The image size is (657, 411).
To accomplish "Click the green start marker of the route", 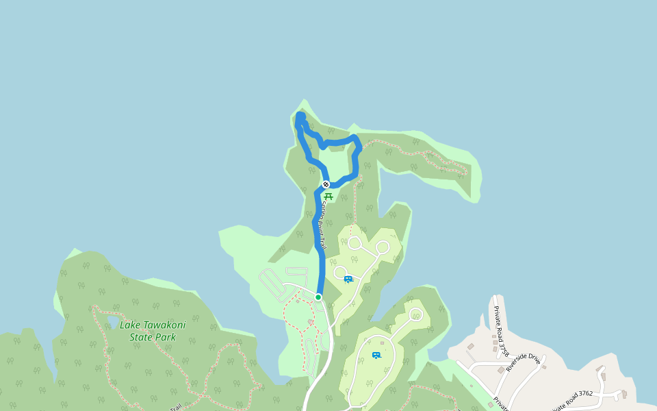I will pos(318,297).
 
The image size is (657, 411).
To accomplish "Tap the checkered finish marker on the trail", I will pos(326,184).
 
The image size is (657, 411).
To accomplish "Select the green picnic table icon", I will pos(328,197).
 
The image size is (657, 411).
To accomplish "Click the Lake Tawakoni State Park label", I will pos(153,332).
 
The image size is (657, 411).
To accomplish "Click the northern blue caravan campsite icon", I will pos(348,279).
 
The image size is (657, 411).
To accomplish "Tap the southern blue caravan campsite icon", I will pos(376,355).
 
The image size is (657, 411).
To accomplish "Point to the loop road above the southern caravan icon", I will pos(415,314).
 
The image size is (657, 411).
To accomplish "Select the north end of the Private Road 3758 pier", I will pos(495,299).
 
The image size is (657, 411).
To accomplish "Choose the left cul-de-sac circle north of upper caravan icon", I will pos(355,242).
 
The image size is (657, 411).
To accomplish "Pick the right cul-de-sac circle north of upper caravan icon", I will pos(383,247).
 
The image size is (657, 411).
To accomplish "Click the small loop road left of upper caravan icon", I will pos(340,272).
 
